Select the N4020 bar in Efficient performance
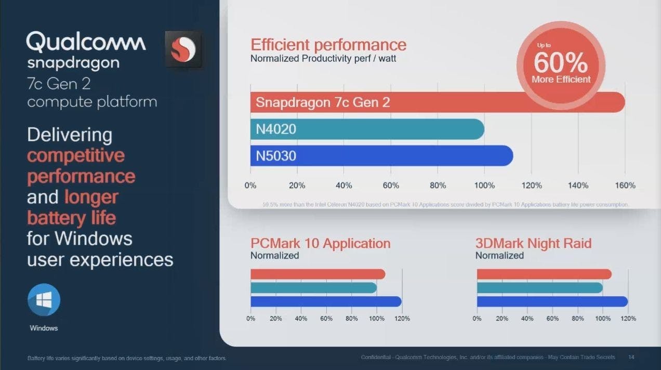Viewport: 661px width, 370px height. pos(366,129)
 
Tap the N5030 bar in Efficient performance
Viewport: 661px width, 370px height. pos(381,155)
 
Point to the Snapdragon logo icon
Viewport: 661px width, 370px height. pos(183,49)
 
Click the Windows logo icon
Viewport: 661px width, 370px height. pos(44,300)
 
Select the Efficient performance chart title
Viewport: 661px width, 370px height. pos(328,45)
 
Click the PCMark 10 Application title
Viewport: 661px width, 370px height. pos(320,243)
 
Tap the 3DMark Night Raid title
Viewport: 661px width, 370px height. pos(533,243)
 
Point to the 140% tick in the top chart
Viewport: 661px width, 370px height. pos(578,186)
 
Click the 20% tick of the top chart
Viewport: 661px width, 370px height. pos(297,186)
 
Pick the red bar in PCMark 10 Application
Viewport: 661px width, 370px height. pos(318,274)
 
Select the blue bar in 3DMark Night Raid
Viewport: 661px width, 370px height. pos(552,301)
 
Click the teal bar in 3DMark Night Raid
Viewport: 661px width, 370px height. pos(539,288)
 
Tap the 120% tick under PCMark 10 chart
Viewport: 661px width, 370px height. pos(402,318)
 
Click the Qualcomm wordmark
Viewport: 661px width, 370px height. pos(86,42)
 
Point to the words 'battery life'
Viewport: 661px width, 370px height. pos(71,217)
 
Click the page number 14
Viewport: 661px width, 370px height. pos(631,357)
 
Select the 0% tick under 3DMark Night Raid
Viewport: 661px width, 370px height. pos(477,318)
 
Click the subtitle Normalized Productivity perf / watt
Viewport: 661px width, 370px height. pos(323,59)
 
